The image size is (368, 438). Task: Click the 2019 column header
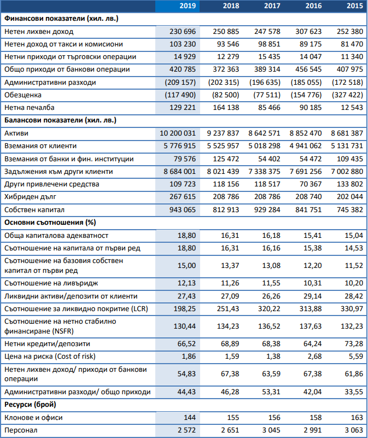pos(188,6)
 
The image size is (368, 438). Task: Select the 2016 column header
pos(313,6)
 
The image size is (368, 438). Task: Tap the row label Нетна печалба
pos(30,108)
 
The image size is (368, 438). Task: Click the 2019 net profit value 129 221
pos(183,108)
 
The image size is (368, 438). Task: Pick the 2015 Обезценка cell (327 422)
pos(347,95)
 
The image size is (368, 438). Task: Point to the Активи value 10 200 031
pos(178,133)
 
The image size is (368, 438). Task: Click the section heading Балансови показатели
pos(60,120)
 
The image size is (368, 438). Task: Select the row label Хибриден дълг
pos(30,197)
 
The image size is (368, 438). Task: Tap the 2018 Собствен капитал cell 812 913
pos(226,209)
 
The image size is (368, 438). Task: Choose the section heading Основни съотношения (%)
pos(50,223)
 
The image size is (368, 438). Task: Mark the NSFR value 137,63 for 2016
pos(311,326)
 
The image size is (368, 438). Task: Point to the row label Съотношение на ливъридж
pos(51,283)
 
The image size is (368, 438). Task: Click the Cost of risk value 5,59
pos(356,357)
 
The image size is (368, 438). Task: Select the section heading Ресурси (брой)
pos(30,405)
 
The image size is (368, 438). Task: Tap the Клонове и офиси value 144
pos(190,418)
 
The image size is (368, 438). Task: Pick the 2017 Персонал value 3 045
pos(271,430)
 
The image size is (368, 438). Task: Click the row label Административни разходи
pos(50,83)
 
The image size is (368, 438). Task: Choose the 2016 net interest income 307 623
pos(308,32)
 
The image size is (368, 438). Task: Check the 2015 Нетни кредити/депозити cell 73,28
pos(354,343)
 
